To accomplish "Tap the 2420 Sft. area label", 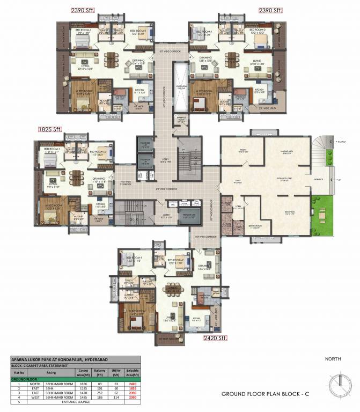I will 215,338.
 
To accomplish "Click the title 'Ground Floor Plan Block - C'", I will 265,394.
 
